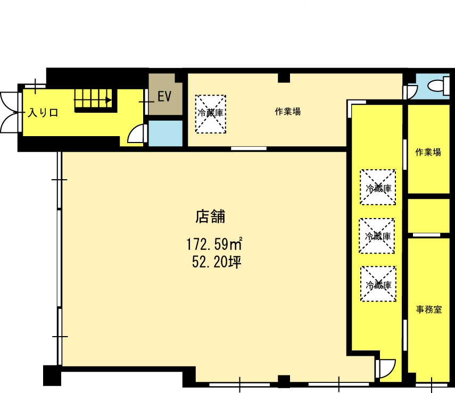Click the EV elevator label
tap(164, 96)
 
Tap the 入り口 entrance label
tap(43, 113)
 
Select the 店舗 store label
tap(210, 216)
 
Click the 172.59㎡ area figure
tap(214, 244)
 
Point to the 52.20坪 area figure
tap(217, 262)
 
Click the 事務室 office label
tap(428, 310)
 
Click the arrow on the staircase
tap(93, 101)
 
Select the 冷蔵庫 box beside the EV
tap(211, 114)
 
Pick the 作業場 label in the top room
tap(287, 111)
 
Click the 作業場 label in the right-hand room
tap(428, 152)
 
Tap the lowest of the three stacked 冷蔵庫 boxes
tap(378, 283)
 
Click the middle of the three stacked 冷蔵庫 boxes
tap(377, 236)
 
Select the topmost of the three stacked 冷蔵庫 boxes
tap(378, 187)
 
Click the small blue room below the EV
tap(166, 133)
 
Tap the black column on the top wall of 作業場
tap(284, 78)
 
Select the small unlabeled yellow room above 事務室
tap(428, 216)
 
